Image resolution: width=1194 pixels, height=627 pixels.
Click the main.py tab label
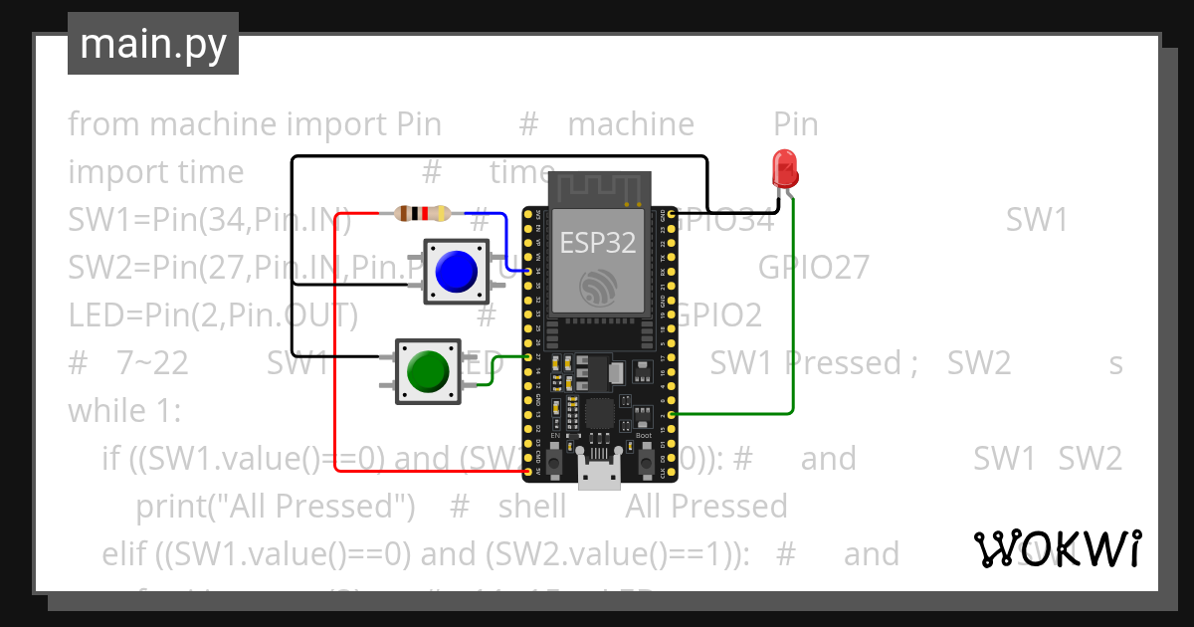[152, 44]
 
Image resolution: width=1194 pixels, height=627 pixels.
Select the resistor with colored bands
[422, 213]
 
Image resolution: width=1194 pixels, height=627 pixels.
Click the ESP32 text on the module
[597, 241]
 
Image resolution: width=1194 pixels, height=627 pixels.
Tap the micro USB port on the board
[599, 472]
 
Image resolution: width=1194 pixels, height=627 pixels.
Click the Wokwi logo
[1057, 548]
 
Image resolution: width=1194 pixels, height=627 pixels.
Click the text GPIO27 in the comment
[813, 268]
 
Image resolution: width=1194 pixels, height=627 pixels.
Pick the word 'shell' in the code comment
[531, 507]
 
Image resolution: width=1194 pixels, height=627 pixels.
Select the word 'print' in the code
[171, 507]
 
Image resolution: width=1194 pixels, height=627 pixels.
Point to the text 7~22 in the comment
[152, 363]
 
